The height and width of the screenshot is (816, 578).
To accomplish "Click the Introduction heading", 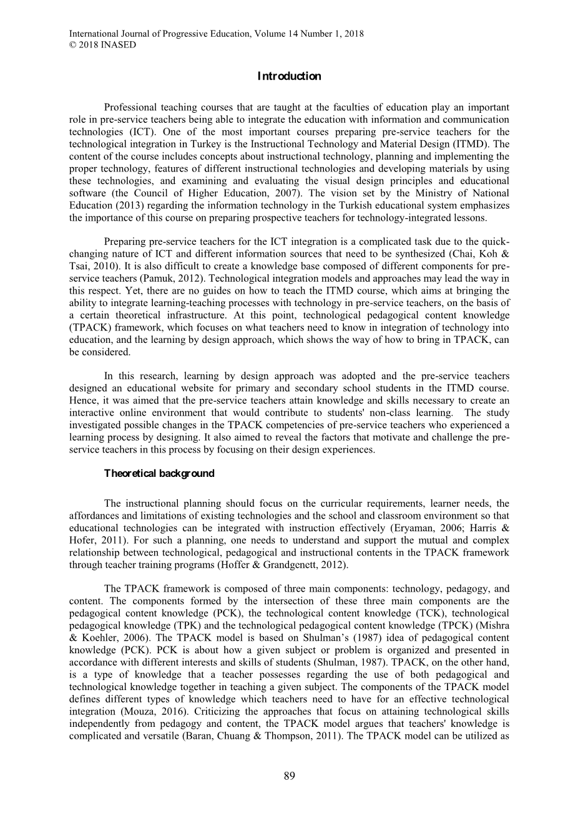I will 289,77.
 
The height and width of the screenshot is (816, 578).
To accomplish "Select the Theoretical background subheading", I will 159,473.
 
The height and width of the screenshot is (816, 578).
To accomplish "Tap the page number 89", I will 289,776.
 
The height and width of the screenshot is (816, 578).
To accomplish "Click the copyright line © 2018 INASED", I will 102,45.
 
